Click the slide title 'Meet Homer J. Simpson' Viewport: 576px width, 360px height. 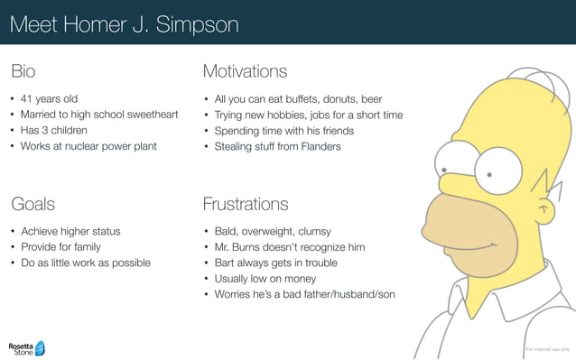coord(124,23)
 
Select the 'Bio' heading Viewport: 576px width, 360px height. coord(23,71)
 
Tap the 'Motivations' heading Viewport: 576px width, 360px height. coord(245,71)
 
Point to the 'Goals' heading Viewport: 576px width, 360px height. coord(33,204)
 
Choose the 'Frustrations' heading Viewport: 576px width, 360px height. coord(246,204)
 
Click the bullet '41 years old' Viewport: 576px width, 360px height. coord(50,99)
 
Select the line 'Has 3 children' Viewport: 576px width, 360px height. coord(54,130)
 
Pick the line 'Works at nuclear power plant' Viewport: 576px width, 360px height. coord(88,146)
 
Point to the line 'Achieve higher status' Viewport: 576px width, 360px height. coord(70,232)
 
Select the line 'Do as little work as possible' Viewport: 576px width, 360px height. coord(86,263)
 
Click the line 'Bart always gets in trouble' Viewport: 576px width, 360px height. coord(275,263)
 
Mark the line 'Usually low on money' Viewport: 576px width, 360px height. coord(265,278)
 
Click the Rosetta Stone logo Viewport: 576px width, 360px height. coord(26,347)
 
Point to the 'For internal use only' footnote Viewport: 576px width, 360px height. coord(547,348)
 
